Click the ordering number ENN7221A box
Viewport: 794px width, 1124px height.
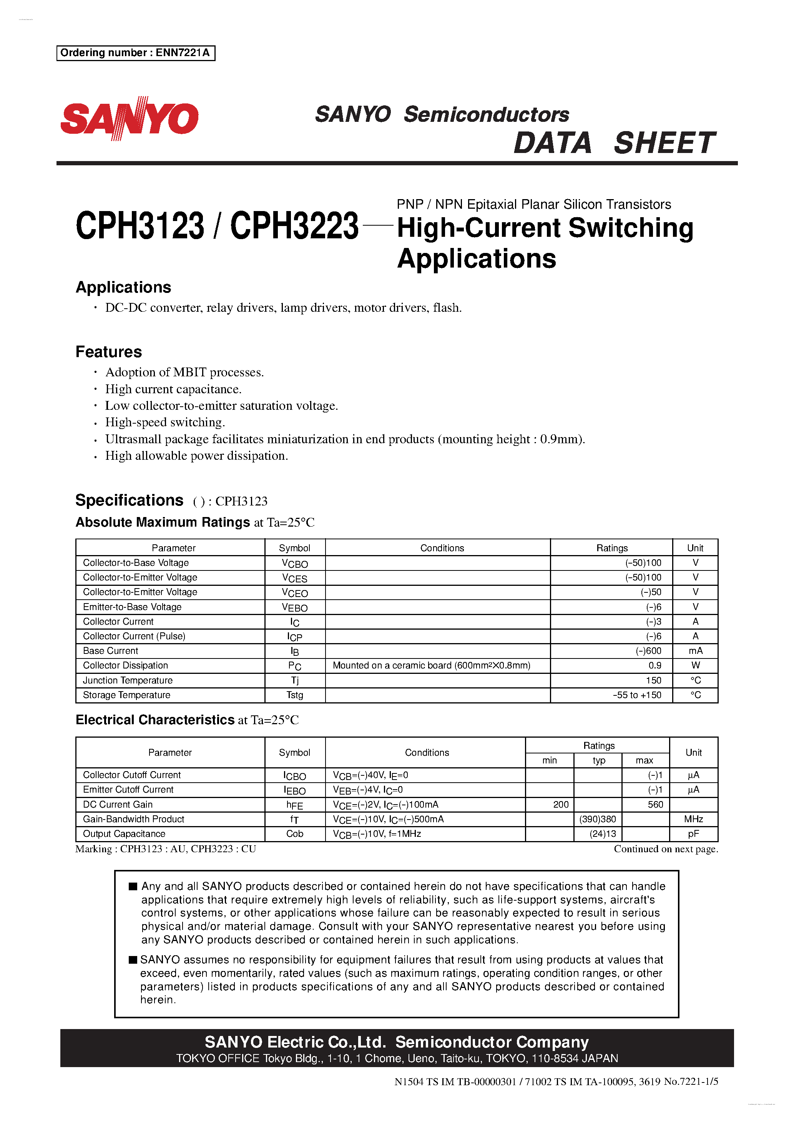click(136, 53)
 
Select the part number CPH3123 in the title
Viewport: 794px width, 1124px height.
click(140, 226)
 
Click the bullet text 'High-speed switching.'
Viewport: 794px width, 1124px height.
click(165, 422)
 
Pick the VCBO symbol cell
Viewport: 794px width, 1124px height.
click(295, 563)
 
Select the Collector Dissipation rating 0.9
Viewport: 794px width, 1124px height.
click(654, 665)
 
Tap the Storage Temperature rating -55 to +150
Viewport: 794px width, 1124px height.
click(636, 695)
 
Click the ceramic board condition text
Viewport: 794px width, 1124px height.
click(431, 665)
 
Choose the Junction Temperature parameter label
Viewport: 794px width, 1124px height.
click(128, 680)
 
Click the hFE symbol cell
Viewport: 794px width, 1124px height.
click(295, 805)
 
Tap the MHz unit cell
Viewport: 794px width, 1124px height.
click(693, 819)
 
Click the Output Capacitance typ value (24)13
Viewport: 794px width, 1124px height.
click(603, 834)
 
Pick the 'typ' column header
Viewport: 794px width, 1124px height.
click(599, 760)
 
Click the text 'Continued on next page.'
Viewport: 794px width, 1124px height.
click(666, 849)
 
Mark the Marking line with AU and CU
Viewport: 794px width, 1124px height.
click(166, 849)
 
